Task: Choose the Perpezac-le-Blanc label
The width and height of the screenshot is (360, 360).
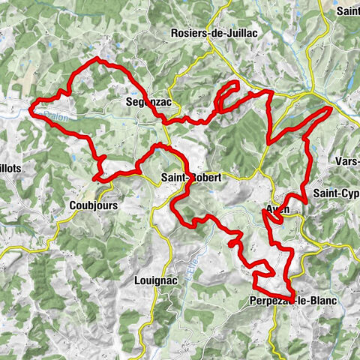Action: coord(292,300)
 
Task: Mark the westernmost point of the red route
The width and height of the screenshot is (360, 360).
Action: coord(31,109)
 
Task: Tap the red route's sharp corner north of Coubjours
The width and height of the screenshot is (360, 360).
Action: coord(94,178)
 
